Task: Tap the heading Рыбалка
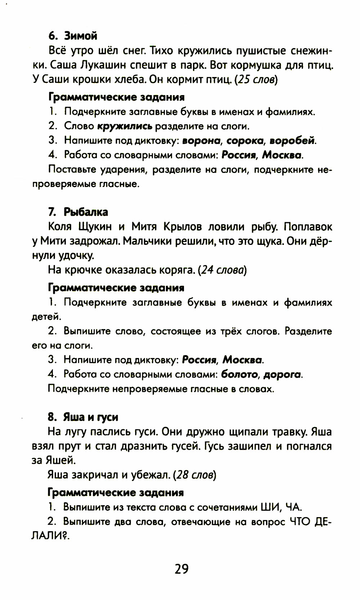point(86,212)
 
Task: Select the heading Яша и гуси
point(91,417)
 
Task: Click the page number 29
point(181,569)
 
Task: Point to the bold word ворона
point(201,141)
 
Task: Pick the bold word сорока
point(245,141)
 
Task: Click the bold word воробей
point(292,141)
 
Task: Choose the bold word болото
point(239,375)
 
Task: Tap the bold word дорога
point(282,375)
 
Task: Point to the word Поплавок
point(308,227)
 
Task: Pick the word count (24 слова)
point(222,270)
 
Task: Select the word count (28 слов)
point(194,475)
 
